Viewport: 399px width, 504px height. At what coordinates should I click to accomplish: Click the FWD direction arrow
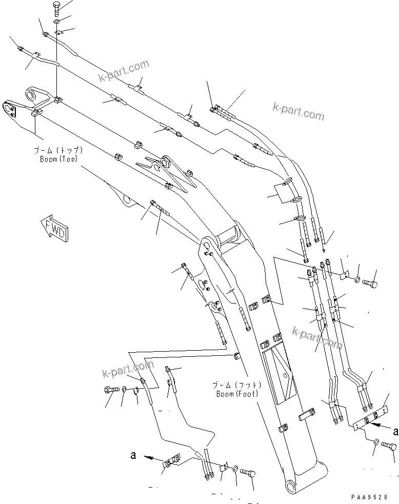click(x=53, y=226)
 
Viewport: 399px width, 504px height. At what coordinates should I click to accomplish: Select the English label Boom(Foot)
click(x=237, y=394)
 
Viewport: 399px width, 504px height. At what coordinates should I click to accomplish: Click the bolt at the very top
click(x=56, y=8)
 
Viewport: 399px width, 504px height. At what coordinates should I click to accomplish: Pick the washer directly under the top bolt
click(x=56, y=22)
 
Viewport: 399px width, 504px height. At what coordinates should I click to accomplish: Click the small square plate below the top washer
click(x=58, y=33)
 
